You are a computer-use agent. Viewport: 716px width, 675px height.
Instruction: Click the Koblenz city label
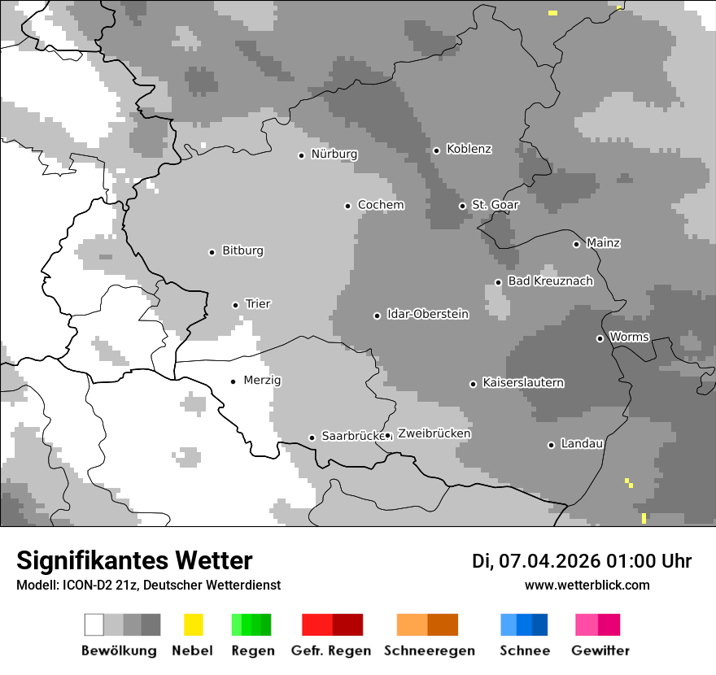pyautogui.click(x=469, y=149)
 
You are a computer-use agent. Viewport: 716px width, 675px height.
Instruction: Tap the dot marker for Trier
pyautogui.click(x=236, y=305)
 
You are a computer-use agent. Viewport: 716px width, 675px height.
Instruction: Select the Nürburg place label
pyautogui.click(x=334, y=154)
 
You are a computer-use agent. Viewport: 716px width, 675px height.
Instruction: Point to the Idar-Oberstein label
pyautogui.click(x=427, y=314)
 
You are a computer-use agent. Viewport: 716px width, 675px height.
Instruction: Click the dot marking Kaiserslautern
pyautogui.click(x=473, y=384)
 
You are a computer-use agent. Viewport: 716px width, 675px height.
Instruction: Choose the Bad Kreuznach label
pyautogui.click(x=550, y=281)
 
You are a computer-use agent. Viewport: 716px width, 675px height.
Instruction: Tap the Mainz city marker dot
pyautogui.click(x=576, y=244)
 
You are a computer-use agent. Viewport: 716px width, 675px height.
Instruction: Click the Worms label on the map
pyautogui.click(x=629, y=337)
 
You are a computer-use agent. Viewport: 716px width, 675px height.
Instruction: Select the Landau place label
pyautogui.click(x=582, y=443)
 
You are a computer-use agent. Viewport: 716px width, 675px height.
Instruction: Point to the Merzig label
pyautogui.click(x=262, y=380)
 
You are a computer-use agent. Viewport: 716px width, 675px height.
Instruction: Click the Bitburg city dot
pyautogui.click(x=212, y=252)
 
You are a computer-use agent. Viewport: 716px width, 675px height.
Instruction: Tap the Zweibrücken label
pyautogui.click(x=434, y=433)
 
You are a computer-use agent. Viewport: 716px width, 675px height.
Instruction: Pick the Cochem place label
pyautogui.click(x=381, y=205)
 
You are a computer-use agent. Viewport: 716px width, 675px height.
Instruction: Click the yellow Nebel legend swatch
pyautogui.click(x=193, y=625)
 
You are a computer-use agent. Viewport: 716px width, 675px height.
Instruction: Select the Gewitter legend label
pyautogui.click(x=600, y=651)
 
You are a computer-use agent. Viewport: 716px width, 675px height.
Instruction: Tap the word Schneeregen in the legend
pyautogui.click(x=429, y=651)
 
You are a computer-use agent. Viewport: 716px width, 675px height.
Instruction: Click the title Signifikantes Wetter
pyautogui.click(x=134, y=560)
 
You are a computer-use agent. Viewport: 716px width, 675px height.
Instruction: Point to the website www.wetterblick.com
pyautogui.click(x=587, y=585)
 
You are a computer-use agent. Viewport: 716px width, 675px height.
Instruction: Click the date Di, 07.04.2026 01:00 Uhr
pyautogui.click(x=582, y=561)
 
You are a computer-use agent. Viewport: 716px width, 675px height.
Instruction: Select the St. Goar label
pyautogui.click(x=495, y=204)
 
